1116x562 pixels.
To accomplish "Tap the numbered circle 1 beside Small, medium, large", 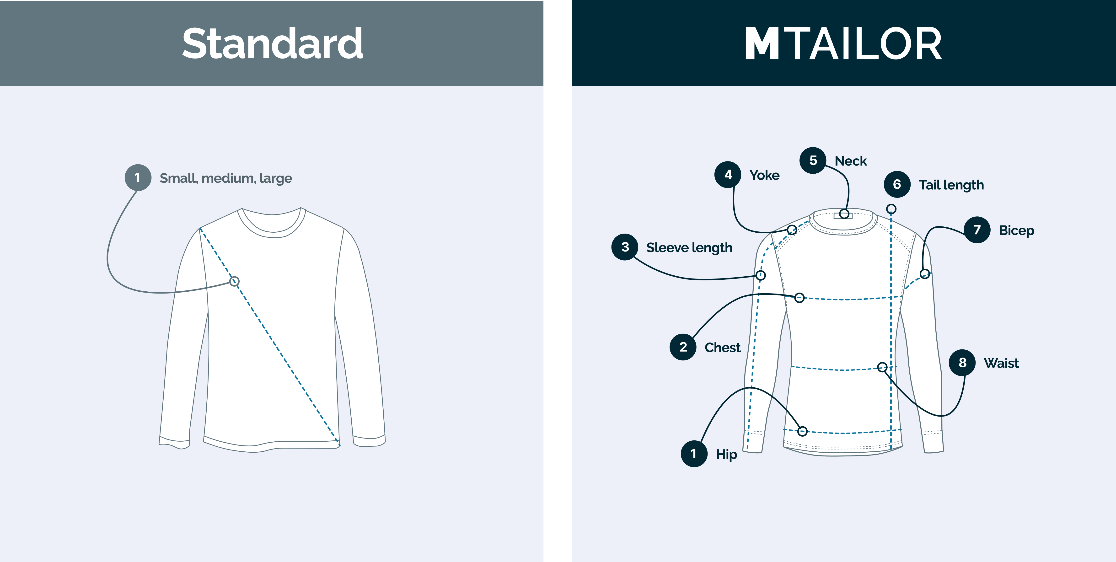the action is pyautogui.click(x=138, y=178).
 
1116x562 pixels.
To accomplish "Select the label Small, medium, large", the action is pyautogui.click(x=226, y=178).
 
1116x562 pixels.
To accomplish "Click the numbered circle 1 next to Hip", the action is pyautogui.click(x=694, y=454).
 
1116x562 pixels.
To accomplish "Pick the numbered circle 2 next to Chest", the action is pyautogui.click(x=683, y=347).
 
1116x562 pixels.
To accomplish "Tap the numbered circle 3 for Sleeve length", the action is pyautogui.click(x=625, y=247).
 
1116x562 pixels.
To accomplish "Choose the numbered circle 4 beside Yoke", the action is pyautogui.click(x=728, y=175).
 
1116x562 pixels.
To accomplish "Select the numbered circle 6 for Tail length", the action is pyautogui.click(x=897, y=184).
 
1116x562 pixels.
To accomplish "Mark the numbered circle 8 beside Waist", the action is pyautogui.click(x=962, y=363).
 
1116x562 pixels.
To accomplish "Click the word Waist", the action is pyautogui.click(x=1001, y=363).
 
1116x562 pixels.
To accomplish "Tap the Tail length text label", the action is pyautogui.click(x=951, y=185).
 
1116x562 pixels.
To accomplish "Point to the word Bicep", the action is pyautogui.click(x=1016, y=230).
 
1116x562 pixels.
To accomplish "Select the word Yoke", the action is pyautogui.click(x=765, y=175).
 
